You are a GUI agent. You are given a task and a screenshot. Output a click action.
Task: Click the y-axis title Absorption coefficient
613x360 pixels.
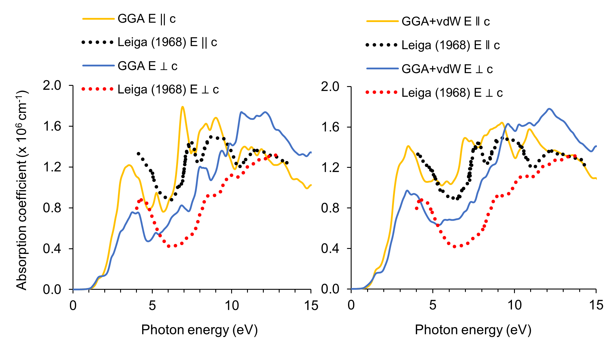pos(22,190)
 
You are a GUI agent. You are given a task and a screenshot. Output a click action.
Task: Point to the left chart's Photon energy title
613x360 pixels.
pos(199,330)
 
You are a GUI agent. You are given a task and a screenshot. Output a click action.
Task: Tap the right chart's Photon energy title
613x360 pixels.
pos(473,330)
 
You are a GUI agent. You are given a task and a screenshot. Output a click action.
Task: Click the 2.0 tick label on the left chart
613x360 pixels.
pos(52,86)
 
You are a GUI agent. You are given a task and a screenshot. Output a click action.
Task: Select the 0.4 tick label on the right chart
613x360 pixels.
pos(330,249)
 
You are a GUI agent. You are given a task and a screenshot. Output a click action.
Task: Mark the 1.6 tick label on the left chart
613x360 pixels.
pos(52,126)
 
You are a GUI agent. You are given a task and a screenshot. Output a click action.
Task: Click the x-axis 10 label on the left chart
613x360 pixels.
pos(231,306)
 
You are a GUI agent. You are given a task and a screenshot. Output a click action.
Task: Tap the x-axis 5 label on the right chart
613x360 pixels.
pos(432,305)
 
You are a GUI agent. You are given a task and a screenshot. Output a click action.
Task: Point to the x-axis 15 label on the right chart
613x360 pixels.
pos(596,305)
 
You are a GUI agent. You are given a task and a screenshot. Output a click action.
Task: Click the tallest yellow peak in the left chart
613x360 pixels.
pos(182,107)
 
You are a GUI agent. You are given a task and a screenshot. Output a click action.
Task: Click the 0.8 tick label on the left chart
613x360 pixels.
pos(52,208)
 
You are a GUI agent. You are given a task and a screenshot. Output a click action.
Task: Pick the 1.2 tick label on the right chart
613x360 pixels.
pos(330,168)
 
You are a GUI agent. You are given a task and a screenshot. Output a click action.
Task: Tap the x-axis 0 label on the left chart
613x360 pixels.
pos(73,306)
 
